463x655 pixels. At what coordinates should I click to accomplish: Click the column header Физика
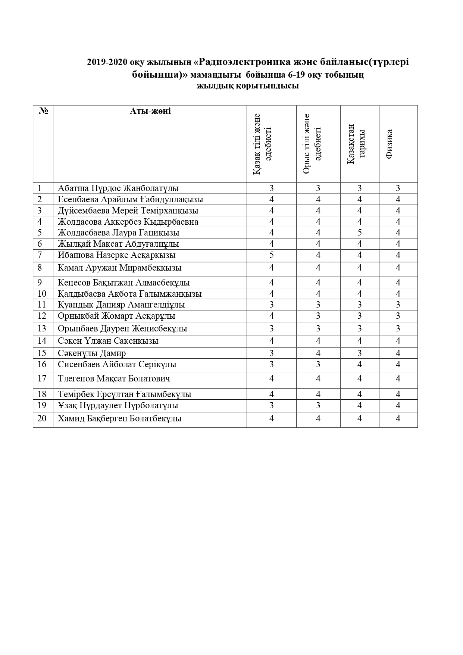390,144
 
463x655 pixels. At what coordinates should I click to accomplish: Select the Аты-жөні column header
150,111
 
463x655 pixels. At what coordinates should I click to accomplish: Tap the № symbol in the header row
43,111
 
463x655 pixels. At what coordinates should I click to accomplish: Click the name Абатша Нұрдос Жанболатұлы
118,188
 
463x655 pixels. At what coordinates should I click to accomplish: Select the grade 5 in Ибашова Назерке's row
271,255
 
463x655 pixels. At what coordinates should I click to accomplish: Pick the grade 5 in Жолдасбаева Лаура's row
359,233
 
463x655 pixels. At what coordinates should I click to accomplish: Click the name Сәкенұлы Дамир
92,353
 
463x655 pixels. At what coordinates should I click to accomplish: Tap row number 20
42,419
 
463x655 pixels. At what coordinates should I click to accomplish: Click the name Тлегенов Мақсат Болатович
114,379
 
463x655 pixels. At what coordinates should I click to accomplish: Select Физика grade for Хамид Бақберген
398,419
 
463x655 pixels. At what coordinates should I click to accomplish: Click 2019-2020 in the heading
107,62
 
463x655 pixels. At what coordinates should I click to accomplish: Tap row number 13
42,329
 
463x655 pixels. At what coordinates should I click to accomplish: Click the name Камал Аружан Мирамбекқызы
119,268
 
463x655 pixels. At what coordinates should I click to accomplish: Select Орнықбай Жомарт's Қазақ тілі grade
271,316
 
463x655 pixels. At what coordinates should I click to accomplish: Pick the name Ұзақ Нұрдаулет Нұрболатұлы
118,406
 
